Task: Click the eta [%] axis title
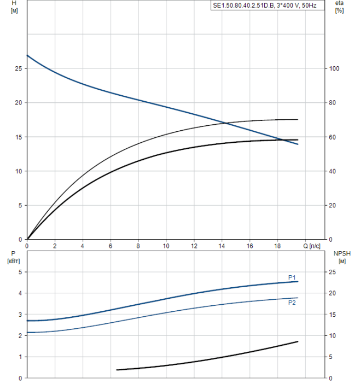coord(339,7)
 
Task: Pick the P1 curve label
coord(292,277)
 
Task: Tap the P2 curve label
coord(292,303)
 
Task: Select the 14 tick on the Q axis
coord(222,246)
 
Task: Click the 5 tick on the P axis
coord(20,272)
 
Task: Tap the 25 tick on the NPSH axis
coord(334,272)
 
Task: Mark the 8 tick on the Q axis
coord(138,246)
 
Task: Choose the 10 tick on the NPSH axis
coord(334,335)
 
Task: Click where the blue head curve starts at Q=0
coord(27,55)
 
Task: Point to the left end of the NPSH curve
coord(117,370)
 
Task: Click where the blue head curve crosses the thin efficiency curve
coord(225,123)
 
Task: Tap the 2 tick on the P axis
coord(20,335)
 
